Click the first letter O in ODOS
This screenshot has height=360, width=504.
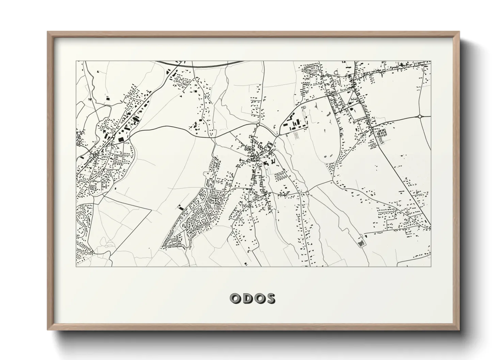click(236, 298)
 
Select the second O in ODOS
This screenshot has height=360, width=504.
click(259, 298)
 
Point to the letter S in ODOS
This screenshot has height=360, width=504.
click(270, 298)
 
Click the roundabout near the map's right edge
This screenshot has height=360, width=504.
click(420, 116)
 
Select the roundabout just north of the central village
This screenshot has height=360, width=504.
click(258, 125)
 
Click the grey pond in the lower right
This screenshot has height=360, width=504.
click(361, 243)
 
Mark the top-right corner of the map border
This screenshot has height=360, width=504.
click(431, 61)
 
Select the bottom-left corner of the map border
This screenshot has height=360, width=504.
click(76, 266)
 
